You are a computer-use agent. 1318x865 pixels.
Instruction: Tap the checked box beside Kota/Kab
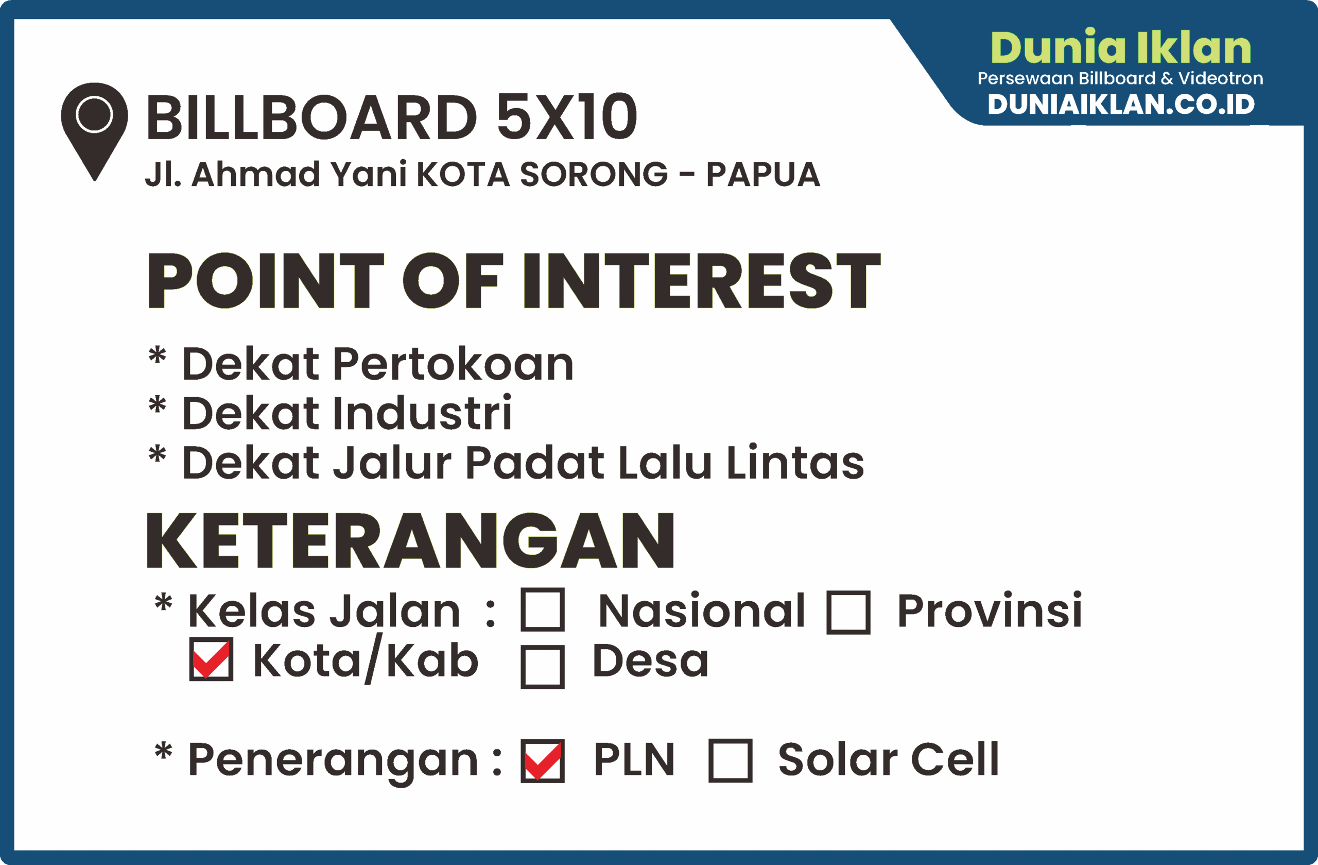click(211, 659)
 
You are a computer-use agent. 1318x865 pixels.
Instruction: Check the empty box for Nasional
click(543, 609)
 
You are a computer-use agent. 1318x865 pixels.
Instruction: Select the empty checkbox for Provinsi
click(848, 613)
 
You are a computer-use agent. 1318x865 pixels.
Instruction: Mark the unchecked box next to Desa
click(543, 667)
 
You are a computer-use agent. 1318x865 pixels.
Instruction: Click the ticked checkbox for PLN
click(543, 761)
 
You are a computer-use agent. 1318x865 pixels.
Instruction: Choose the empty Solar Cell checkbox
click(731, 760)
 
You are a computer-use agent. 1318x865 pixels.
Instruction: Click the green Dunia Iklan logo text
click(1121, 46)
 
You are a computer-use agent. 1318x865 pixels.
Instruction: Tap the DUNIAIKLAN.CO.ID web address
click(1121, 105)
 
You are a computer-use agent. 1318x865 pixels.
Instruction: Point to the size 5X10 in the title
click(567, 117)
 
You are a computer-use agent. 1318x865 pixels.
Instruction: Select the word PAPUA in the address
click(763, 175)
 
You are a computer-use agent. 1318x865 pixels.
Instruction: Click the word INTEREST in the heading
click(702, 280)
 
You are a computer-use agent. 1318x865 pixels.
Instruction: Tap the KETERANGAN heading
click(410, 541)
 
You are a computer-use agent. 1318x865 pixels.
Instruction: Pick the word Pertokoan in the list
click(454, 364)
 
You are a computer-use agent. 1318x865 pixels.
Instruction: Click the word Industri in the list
click(423, 413)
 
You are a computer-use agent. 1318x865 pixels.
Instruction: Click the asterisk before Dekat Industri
click(157, 404)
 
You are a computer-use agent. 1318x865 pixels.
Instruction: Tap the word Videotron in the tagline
click(1221, 78)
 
